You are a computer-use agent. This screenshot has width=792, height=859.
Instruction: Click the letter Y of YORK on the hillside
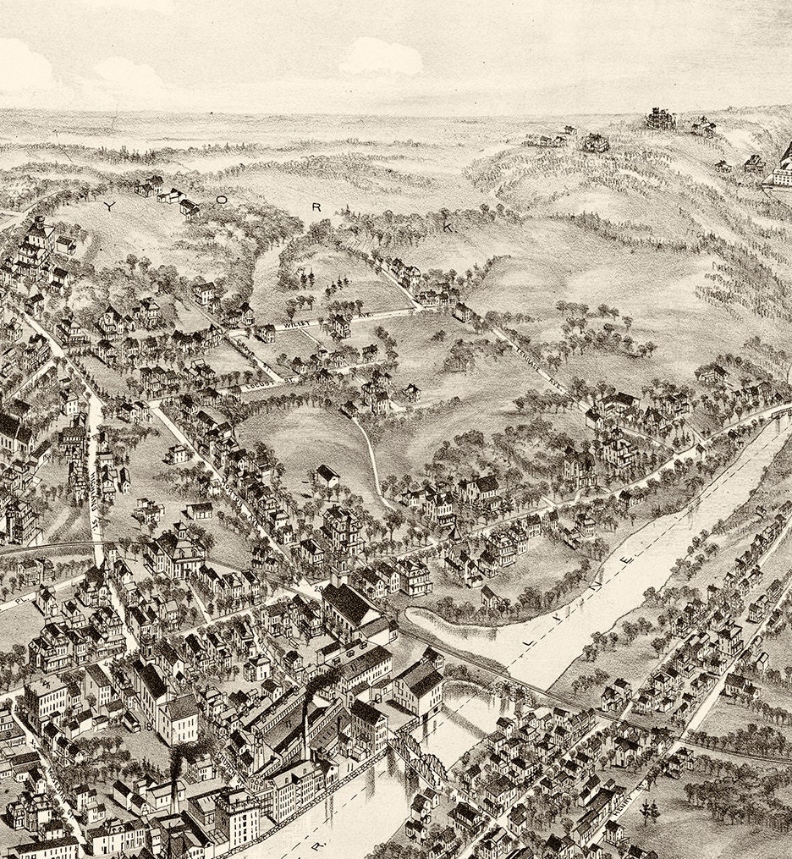point(108,206)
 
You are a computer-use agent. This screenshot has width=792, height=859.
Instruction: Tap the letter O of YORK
point(222,201)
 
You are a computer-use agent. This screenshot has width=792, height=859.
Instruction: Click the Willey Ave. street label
point(293,323)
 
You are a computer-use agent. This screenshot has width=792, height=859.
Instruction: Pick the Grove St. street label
point(253,386)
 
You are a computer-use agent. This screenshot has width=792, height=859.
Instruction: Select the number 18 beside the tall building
point(148,724)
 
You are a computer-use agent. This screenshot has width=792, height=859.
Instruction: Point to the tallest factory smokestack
point(305,711)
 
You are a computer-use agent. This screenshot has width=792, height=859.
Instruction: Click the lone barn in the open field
point(327,476)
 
